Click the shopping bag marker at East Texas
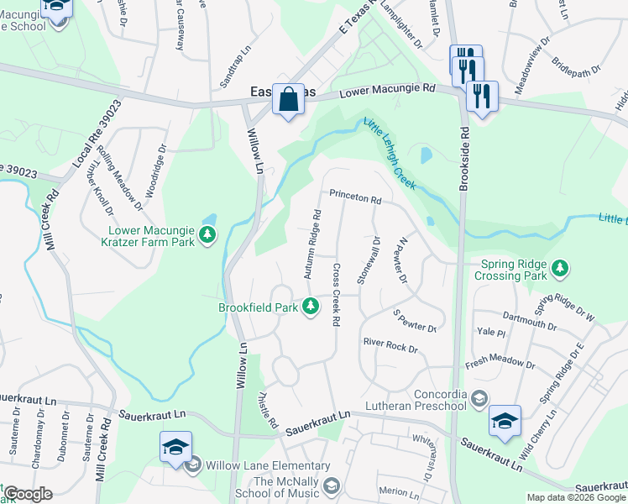(x=288, y=100)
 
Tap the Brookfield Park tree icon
(x=311, y=306)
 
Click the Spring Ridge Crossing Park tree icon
(x=560, y=269)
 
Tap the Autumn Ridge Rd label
(x=312, y=243)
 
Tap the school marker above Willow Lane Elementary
(x=175, y=447)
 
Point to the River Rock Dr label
(x=390, y=344)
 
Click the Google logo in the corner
(x=27, y=494)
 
